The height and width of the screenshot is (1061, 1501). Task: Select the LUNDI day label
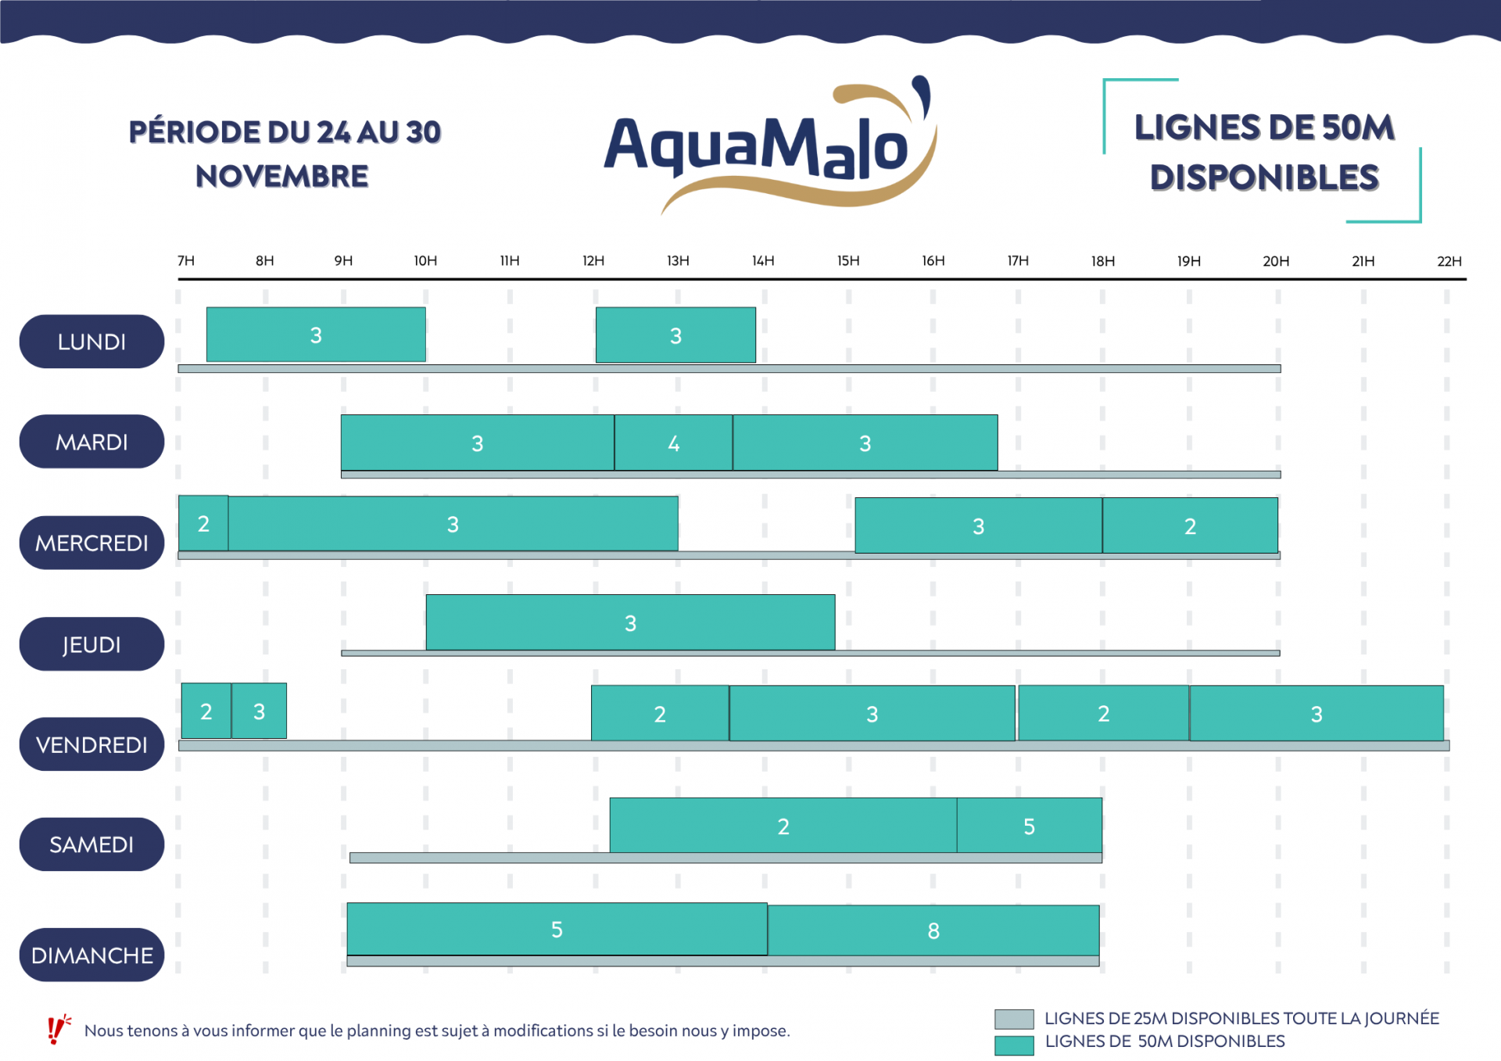(x=91, y=342)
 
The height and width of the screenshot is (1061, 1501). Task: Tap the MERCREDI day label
(x=91, y=543)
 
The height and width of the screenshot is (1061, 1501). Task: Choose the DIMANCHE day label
(x=91, y=955)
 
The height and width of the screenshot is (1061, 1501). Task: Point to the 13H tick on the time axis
(x=678, y=261)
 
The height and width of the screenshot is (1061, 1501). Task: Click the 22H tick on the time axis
(x=1449, y=261)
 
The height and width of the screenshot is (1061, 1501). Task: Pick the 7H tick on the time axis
(x=186, y=261)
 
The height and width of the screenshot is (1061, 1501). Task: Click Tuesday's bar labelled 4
(x=673, y=443)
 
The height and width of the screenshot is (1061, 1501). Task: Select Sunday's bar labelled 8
(x=933, y=930)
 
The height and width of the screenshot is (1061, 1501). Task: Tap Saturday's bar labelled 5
(x=1029, y=826)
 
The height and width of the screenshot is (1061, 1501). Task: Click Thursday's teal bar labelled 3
(x=630, y=622)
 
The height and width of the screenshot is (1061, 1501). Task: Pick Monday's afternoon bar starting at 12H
(x=675, y=335)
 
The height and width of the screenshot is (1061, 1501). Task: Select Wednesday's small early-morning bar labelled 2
(x=203, y=523)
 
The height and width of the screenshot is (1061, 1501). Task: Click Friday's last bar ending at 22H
(x=1316, y=713)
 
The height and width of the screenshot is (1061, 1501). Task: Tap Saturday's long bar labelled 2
(x=783, y=826)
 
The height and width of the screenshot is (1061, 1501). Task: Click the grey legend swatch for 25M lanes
(x=1014, y=1019)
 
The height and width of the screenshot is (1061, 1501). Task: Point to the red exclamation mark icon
(x=56, y=1030)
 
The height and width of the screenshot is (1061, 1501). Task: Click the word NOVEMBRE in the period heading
(x=282, y=177)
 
